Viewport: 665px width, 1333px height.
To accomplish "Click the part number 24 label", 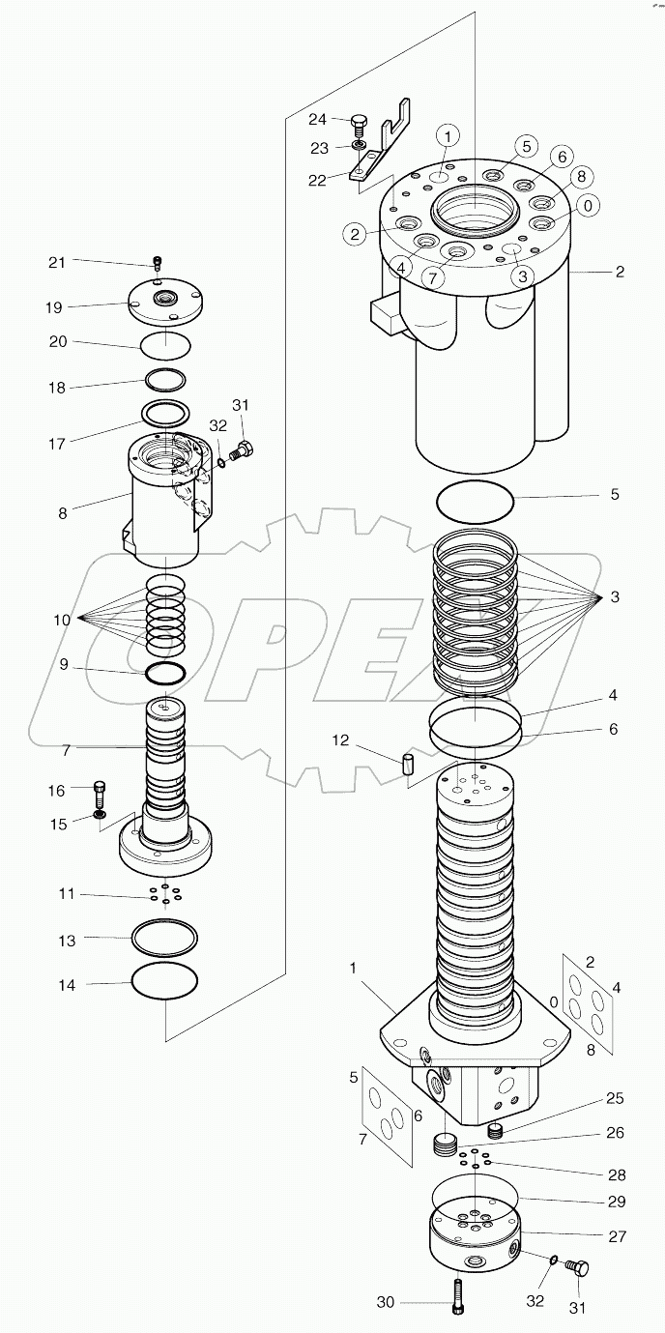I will point(318,120).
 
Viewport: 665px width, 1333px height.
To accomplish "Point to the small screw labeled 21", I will point(158,262).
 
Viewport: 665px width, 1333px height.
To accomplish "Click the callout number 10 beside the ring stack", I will point(62,620).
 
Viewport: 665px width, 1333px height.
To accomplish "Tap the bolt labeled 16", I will point(100,795).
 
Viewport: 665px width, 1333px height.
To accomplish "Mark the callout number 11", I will point(66,894).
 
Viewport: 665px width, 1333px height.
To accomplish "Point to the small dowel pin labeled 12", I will point(408,764).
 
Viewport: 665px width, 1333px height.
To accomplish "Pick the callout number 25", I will point(615,1098).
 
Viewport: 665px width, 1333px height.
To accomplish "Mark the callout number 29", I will point(615,1202).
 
